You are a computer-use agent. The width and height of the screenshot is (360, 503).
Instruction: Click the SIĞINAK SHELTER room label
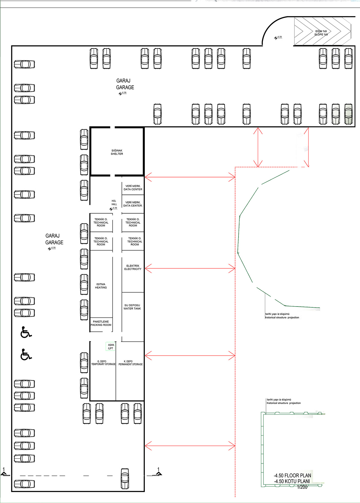(x=117, y=152)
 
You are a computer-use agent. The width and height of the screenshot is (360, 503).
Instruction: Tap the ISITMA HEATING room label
(x=101, y=286)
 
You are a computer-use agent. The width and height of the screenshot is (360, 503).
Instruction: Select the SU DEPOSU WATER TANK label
(x=132, y=307)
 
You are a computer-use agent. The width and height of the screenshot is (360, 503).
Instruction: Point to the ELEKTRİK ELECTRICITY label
(x=133, y=267)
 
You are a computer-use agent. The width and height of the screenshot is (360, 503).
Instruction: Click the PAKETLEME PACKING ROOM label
(x=101, y=323)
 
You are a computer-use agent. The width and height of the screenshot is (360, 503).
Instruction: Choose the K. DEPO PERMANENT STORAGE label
(x=130, y=363)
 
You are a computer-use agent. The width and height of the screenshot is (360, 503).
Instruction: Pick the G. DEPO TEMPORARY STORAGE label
(x=103, y=363)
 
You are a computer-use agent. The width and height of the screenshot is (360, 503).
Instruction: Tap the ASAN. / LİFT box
(x=111, y=346)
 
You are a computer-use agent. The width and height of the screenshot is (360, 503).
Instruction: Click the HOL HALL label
(x=114, y=202)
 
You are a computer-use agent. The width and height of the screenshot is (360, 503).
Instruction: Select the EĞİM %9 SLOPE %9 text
(x=321, y=33)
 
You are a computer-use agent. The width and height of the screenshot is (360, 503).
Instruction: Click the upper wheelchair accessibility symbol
(x=26, y=332)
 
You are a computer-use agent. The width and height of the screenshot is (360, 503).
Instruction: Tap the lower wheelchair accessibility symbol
(x=26, y=354)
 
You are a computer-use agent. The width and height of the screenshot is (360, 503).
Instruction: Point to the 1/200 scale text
(x=302, y=487)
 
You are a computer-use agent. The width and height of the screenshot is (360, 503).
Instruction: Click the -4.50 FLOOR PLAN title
(x=292, y=475)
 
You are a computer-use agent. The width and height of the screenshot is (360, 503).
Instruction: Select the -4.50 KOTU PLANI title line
(x=292, y=481)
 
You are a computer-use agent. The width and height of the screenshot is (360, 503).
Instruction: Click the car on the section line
(x=125, y=479)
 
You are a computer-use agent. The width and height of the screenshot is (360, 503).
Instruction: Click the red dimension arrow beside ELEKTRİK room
(x=190, y=269)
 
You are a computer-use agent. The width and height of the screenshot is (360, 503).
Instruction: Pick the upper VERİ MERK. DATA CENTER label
(x=133, y=188)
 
